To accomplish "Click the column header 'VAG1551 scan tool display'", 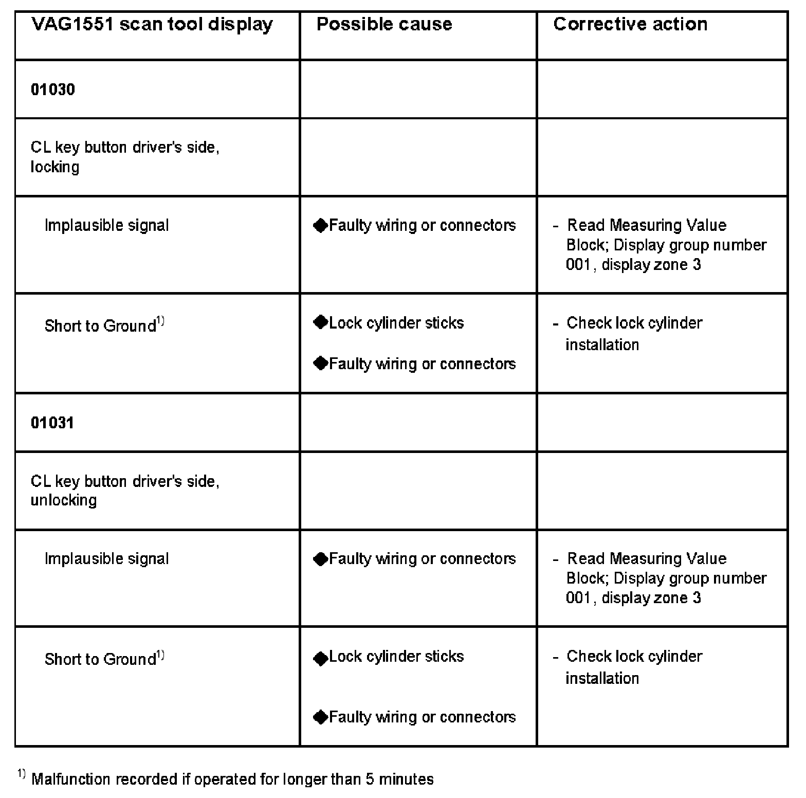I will pos(152,24).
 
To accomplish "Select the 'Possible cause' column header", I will pos(384,24).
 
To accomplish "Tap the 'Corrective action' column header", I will pos(630,24).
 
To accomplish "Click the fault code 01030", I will pos(53,89).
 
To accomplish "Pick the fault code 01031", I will pos(52,423).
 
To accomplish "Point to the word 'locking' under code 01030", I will pos(55,167).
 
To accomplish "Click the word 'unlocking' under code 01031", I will pos(64,500).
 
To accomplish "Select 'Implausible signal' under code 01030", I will pos(106,225).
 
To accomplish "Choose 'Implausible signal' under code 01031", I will pos(106,559).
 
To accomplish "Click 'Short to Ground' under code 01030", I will pos(100,326).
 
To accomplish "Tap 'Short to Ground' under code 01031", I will pos(100,659).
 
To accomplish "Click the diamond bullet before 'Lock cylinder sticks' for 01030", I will pos(320,323).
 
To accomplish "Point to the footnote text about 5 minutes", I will pos(232,779).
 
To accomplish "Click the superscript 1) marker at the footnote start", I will pos(21,773).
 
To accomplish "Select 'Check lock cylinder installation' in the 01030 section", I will pos(634,333).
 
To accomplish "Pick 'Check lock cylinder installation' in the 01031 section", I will pos(634,667).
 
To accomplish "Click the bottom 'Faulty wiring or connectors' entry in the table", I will pos(422,717).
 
